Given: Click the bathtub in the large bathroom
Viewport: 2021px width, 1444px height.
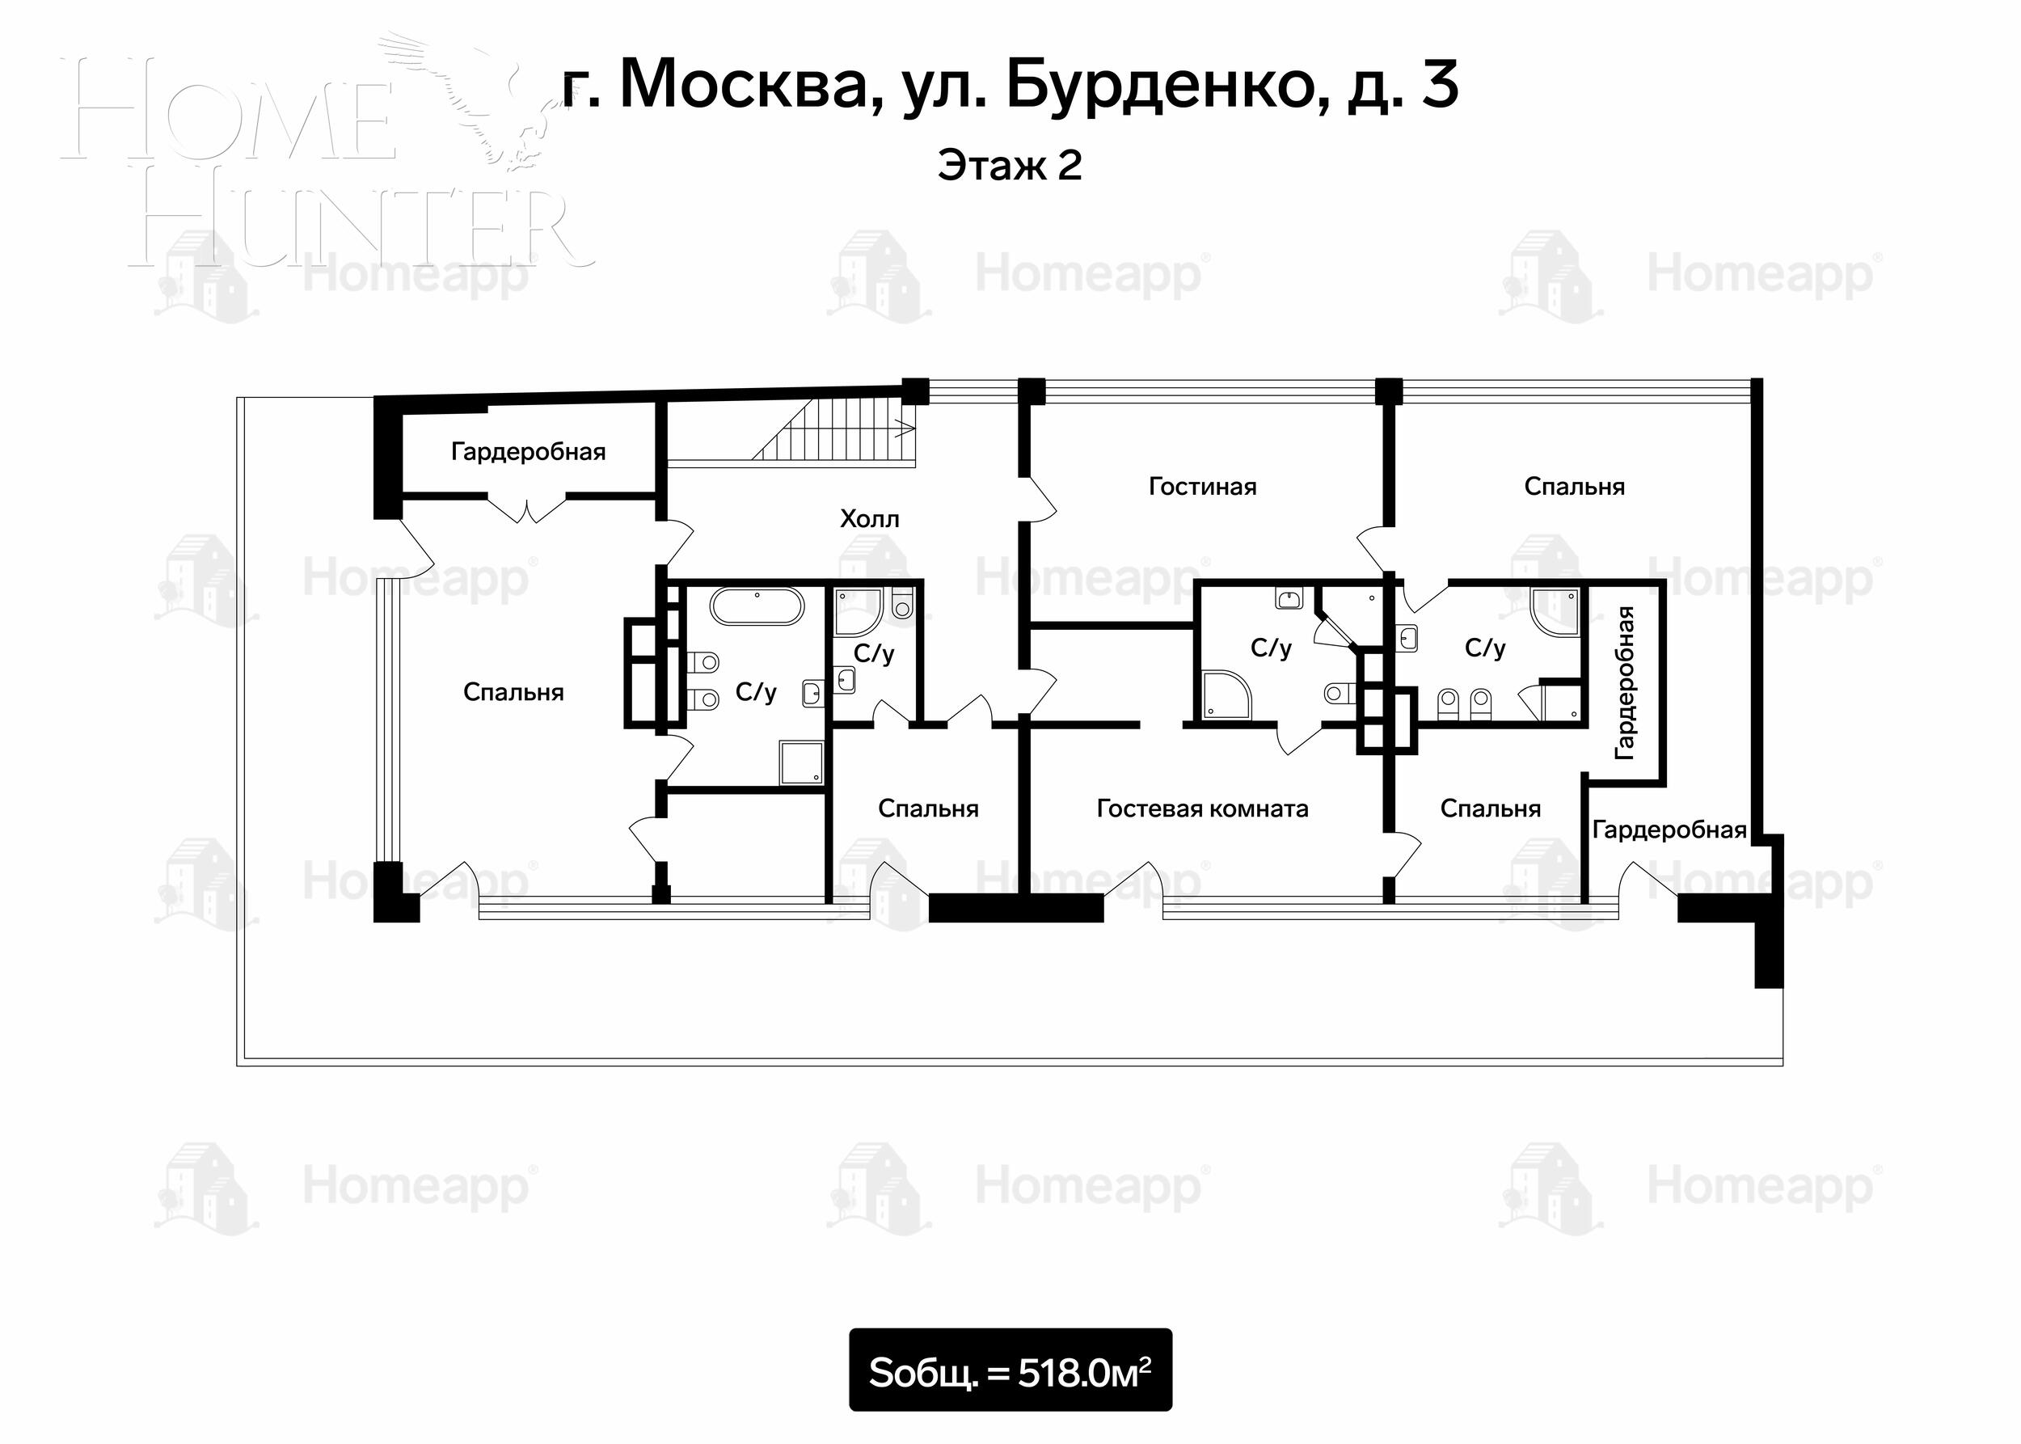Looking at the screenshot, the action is [x=757, y=606].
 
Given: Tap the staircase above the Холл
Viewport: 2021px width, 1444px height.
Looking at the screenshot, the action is [x=834, y=430].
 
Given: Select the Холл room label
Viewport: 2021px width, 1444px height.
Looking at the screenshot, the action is [x=870, y=519].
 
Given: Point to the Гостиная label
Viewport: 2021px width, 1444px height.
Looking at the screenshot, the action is [x=1202, y=487].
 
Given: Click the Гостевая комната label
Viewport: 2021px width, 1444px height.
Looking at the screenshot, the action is [x=1202, y=809].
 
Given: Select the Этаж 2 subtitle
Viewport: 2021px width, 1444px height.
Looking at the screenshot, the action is [x=1010, y=167].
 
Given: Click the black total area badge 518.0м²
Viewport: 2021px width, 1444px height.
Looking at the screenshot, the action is [x=1010, y=1370].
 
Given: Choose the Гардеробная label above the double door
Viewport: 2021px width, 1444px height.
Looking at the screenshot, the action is [x=528, y=453].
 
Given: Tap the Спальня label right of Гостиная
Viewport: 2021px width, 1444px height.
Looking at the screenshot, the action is [x=1574, y=487].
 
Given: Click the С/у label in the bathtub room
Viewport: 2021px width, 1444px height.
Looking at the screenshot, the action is [x=756, y=693].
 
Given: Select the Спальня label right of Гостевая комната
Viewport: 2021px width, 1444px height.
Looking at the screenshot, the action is [x=1490, y=809].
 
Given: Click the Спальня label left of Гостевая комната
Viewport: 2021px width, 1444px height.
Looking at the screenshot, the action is [x=928, y=809].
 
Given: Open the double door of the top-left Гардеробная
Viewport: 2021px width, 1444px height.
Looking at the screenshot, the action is [x=529, y=509].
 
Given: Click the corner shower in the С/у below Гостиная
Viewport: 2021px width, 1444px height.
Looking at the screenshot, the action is [x=1226, y=694].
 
